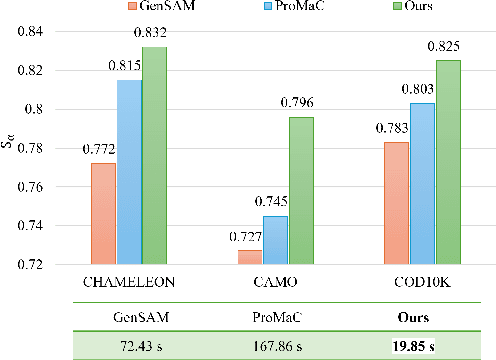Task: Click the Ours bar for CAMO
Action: tap(301, 191)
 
